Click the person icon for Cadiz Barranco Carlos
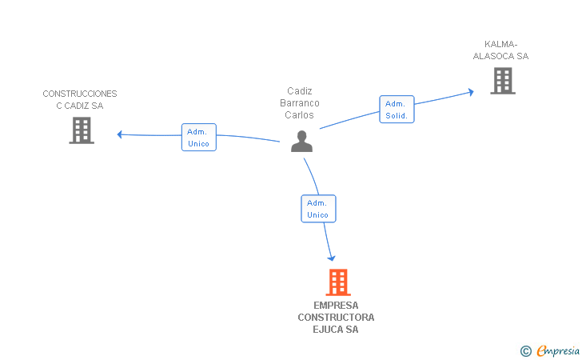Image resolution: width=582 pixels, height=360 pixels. [x=301, y=141]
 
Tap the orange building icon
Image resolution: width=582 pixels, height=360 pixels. [x=338, y=282]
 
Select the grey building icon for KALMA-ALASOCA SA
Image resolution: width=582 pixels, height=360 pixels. [x=502, y=80]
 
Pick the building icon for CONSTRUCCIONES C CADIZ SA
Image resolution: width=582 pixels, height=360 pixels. [x=82, y=130]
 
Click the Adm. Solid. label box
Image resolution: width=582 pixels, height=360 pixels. [x=396, y=109]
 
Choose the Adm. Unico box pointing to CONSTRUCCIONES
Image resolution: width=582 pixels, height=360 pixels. [x=199, y=137]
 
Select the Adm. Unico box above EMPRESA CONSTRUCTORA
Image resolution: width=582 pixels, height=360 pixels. [x=318, y=208]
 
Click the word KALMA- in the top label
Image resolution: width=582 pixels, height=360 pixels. [x=501, y=44]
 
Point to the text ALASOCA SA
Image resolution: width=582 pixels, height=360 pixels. [x=501, y=56]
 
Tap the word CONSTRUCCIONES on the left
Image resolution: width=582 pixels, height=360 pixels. [x=80, y=94]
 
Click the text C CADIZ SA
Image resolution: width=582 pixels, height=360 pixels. [x=80, y=106]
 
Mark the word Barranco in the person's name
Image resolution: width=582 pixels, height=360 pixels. [x=300, y=102]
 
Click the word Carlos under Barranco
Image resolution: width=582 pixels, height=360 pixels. [x=300, y=114]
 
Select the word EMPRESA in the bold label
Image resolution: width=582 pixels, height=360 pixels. [x=336, y=306]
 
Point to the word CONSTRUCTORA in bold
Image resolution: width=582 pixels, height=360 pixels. [x=336, y=318]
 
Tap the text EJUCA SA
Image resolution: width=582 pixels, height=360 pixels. [x=336, y=330]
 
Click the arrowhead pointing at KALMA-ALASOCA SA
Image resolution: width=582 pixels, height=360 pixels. [x=471, y=92]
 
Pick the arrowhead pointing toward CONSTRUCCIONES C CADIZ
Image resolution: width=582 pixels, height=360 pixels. [x=119, y=134]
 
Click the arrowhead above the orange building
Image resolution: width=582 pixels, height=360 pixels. [x=331, y=258]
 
